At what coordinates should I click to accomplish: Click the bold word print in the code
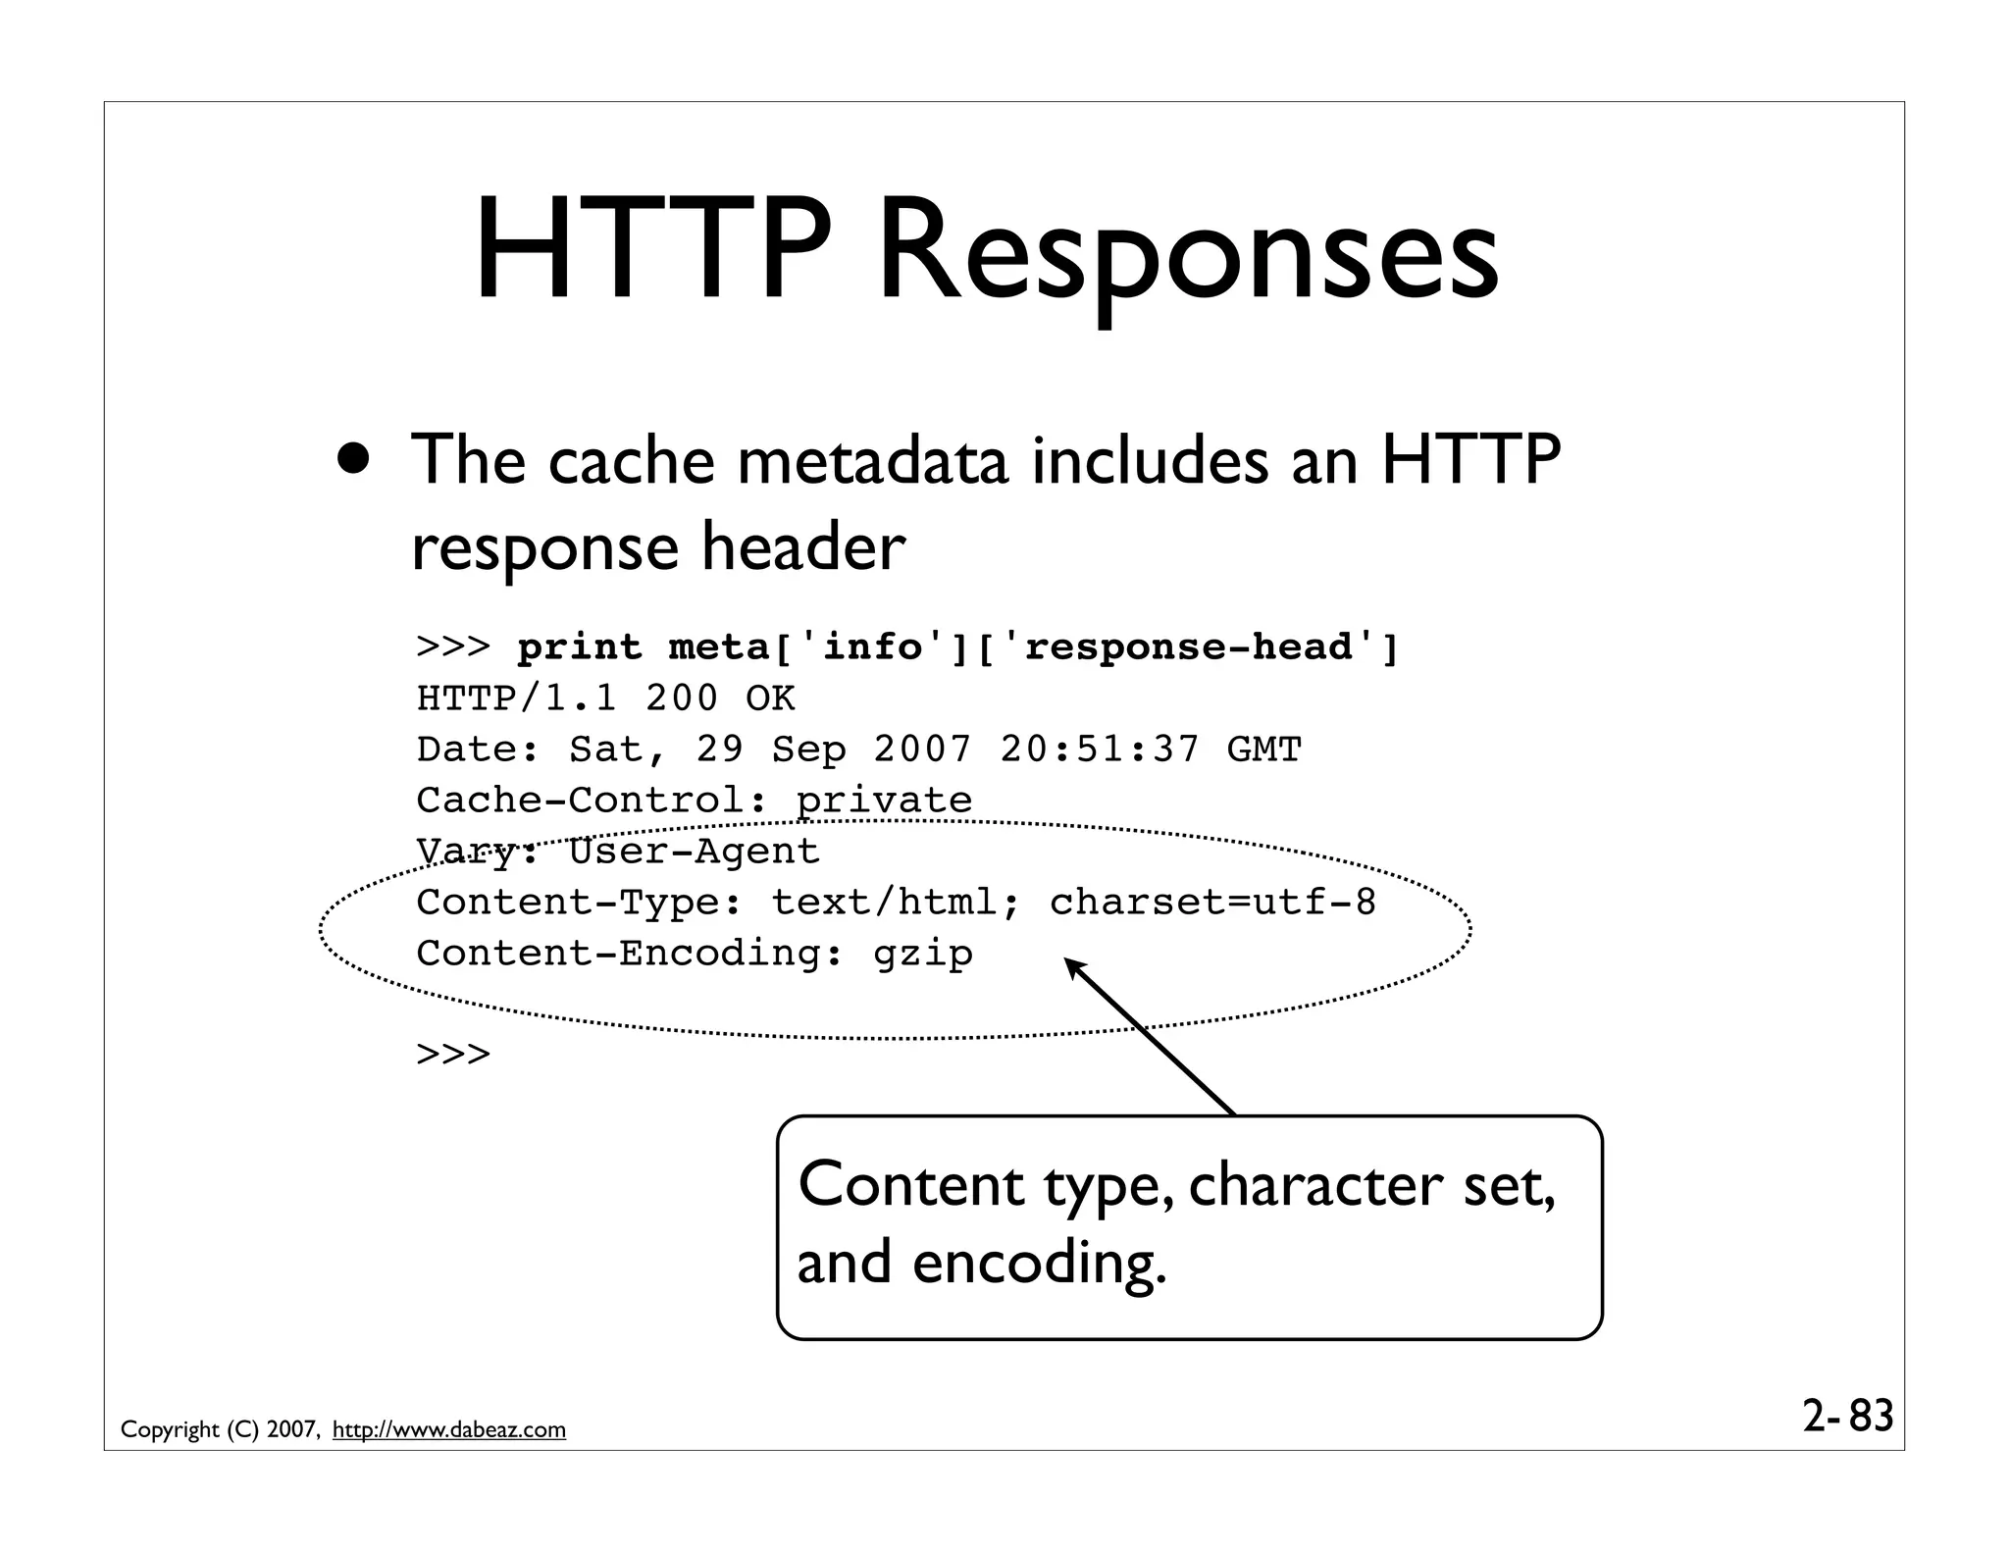[x=580, y=647]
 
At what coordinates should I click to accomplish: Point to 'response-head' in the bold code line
[x=1188, y=647]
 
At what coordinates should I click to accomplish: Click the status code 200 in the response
[x=682, y=698]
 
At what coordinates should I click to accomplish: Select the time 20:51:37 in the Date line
[x=1100, y=750]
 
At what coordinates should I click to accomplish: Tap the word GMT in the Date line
[x=1263, y=750]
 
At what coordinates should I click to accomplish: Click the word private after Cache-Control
[x=884, y=801]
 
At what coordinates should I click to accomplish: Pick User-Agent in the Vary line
[x=694, y=852]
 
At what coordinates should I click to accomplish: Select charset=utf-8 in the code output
[x=1213, y=903]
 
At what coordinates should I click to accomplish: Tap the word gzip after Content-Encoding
[x=923, y=954]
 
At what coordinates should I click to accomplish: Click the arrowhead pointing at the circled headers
[x=1076, y=968]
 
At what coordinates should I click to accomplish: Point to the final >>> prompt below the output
[x=453, y=1056]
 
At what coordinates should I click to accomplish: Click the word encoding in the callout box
[x=1040, y=1263]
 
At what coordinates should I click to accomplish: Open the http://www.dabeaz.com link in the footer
[x=449, y=1429]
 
